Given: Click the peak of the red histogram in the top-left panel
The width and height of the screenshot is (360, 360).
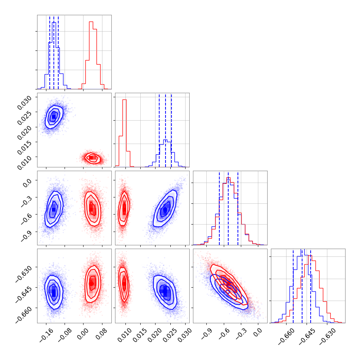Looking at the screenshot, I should click(91, 22).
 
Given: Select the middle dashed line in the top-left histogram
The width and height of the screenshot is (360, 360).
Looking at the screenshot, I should click(54, 52).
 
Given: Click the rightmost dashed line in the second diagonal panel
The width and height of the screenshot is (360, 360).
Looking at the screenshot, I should click(171, 130).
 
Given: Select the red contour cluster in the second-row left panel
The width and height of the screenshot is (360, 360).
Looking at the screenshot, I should click(92, 158).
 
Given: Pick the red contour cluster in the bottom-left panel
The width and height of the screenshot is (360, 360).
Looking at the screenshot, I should click(92, 282).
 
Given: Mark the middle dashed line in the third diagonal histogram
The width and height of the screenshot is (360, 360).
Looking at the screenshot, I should click(228, 208).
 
